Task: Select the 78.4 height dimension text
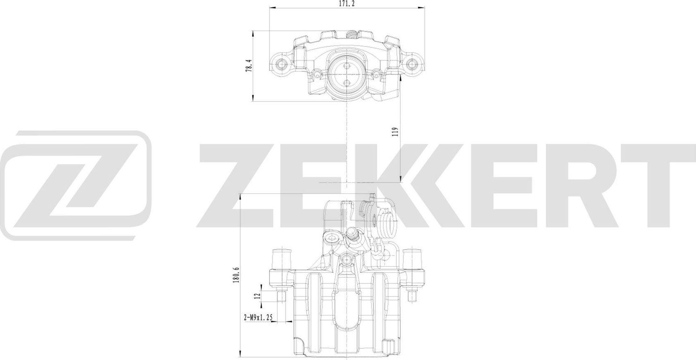[249, 65]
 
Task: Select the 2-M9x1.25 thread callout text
[258, 318]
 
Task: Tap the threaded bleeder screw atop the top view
[352, 34]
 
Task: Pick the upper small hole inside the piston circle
[347, 65]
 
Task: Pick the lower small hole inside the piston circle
[347, 83]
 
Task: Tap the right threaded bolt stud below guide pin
[412, 296]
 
